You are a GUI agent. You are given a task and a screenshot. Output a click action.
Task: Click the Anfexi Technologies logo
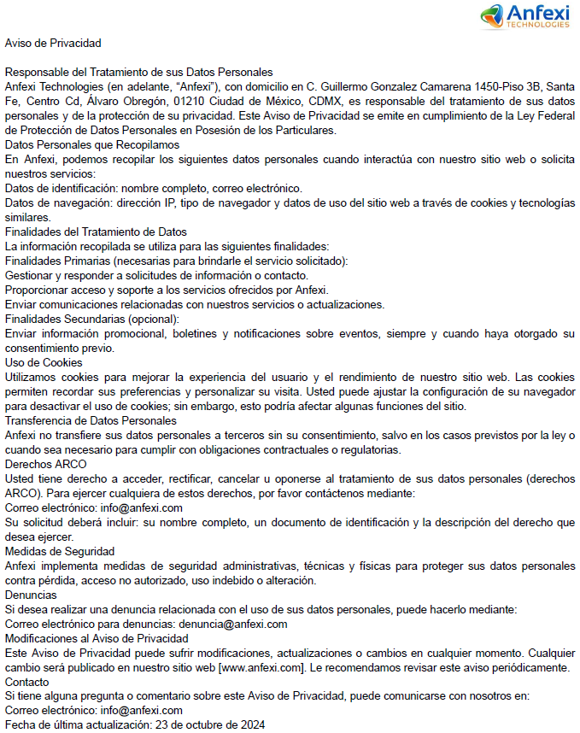(524, 15)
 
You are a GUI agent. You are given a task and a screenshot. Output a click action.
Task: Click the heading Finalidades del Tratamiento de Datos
(96, 232)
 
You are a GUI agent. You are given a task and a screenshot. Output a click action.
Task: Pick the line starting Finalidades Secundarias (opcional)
(91, 319)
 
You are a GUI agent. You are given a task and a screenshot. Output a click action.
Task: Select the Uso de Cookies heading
(44, 362)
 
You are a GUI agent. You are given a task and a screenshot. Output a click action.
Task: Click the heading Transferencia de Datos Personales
(91, 420)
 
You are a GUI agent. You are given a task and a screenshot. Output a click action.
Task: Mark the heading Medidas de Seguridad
(59, 551)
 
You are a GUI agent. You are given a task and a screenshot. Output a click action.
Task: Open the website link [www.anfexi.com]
(261, 667)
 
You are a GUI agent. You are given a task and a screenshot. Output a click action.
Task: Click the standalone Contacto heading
(26, 682)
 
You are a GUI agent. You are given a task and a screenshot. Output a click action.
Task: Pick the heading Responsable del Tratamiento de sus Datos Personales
(138, 72)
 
